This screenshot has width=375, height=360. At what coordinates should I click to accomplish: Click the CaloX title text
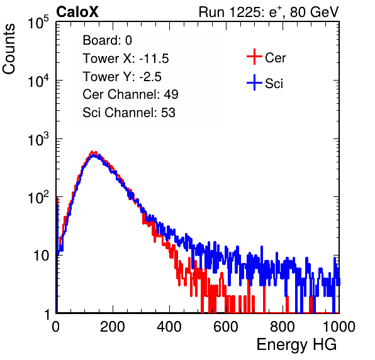77,12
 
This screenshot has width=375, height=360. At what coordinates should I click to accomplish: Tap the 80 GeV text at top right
314,12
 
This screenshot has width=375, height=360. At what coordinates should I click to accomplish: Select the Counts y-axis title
9,49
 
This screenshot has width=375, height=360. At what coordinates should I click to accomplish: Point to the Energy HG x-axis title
297,345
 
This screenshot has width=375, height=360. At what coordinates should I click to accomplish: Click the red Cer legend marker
254,57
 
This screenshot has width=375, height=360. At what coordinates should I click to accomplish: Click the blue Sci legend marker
254,82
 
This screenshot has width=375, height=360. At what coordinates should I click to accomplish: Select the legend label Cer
275,58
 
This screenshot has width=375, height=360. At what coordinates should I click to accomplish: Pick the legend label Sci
274,84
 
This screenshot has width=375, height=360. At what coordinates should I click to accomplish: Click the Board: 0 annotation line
107,40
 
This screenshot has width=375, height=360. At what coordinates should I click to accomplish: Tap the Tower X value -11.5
154,59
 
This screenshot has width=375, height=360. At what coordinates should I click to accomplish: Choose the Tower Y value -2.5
150,77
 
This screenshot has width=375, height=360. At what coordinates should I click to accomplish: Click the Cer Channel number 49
171,94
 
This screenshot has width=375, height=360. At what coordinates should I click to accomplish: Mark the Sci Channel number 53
168,113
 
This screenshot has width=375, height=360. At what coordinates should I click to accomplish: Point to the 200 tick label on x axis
113,327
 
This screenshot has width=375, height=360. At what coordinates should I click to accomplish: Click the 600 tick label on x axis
226,327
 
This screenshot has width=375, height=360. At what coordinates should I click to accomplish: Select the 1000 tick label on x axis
339,327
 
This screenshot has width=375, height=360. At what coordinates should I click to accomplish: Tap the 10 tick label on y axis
42,256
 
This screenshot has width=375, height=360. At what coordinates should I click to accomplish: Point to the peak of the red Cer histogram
92,152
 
